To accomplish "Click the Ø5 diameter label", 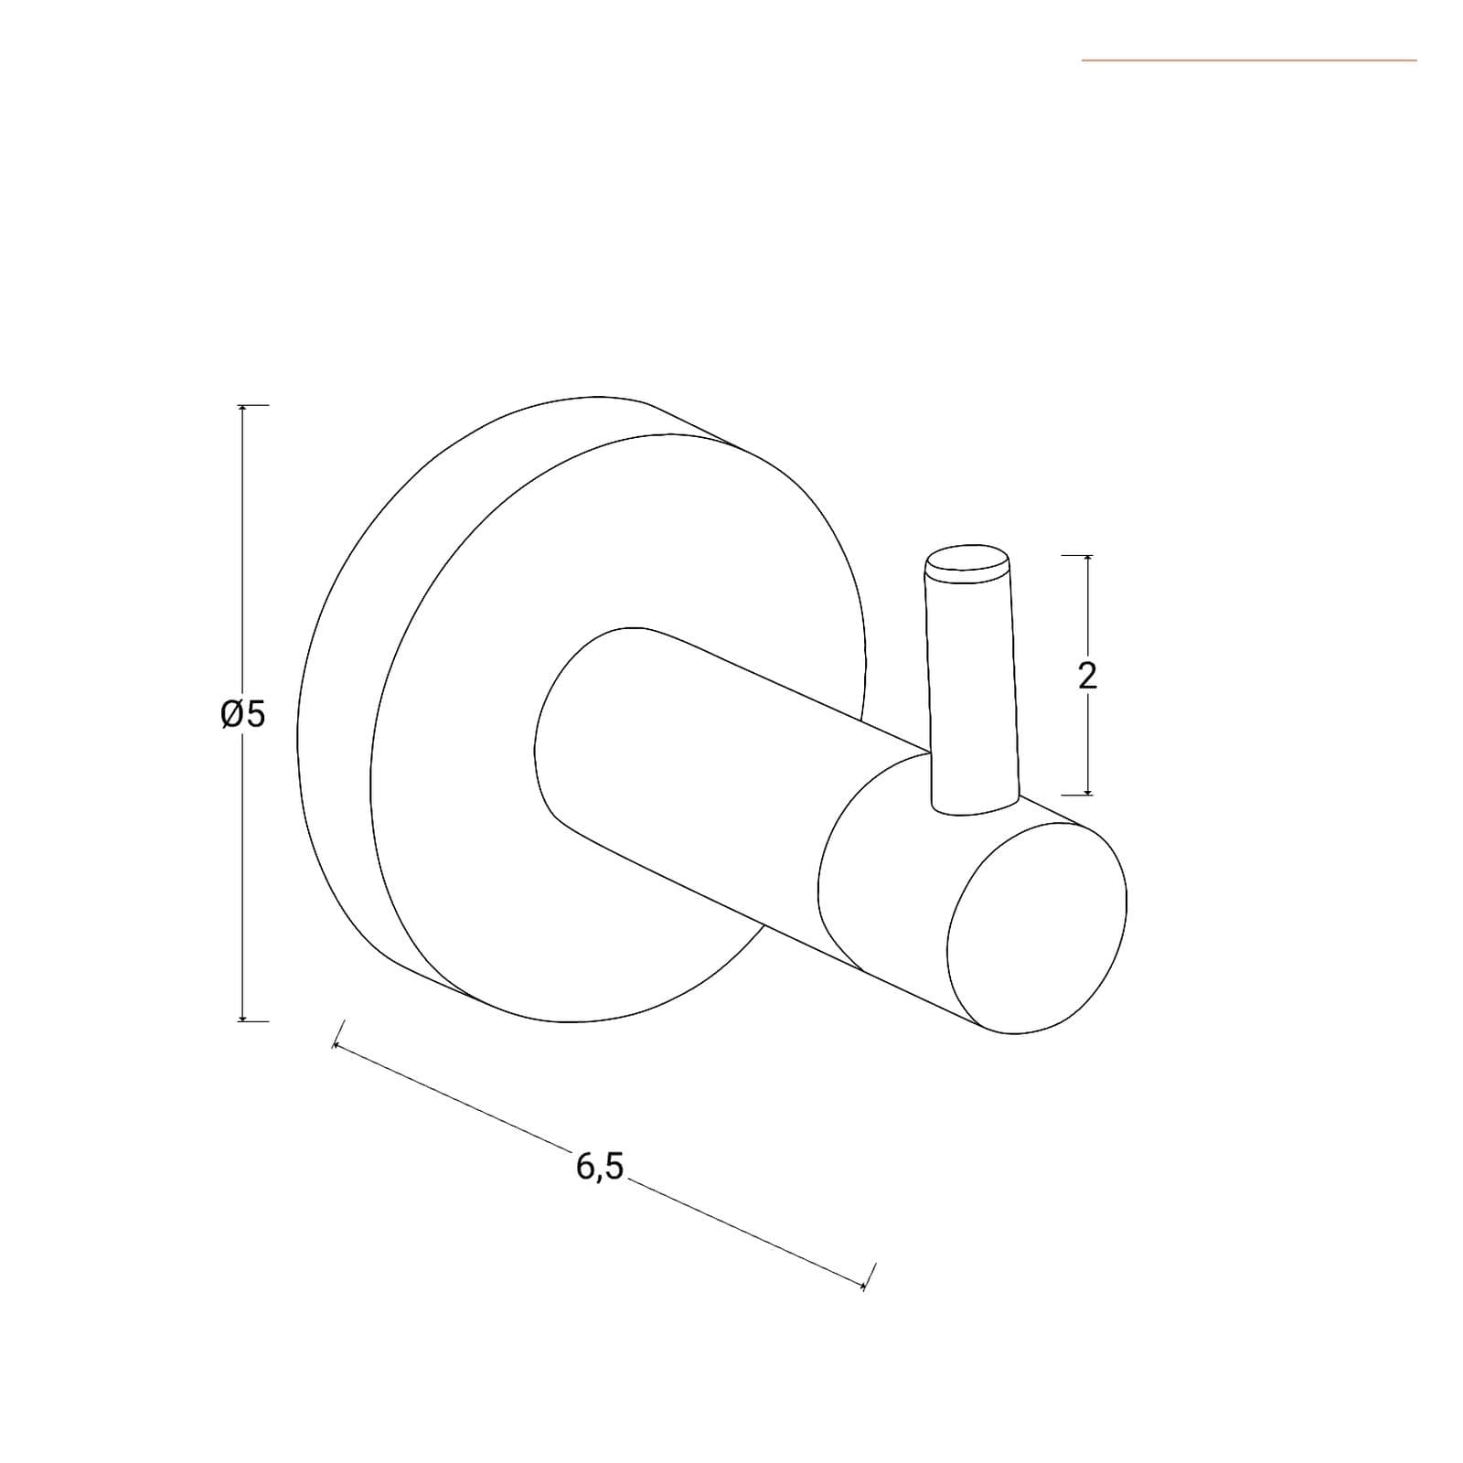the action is point(243,713).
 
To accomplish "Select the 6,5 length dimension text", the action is point(600,1166).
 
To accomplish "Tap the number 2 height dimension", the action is point(1087,676).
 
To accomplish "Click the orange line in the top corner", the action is point(1249,60).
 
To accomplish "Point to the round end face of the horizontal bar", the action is point(1037,928).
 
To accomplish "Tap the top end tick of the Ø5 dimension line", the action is point(242,405).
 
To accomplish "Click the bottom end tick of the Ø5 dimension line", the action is point(242,1020).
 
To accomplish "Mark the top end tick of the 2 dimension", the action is point(1087,555).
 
